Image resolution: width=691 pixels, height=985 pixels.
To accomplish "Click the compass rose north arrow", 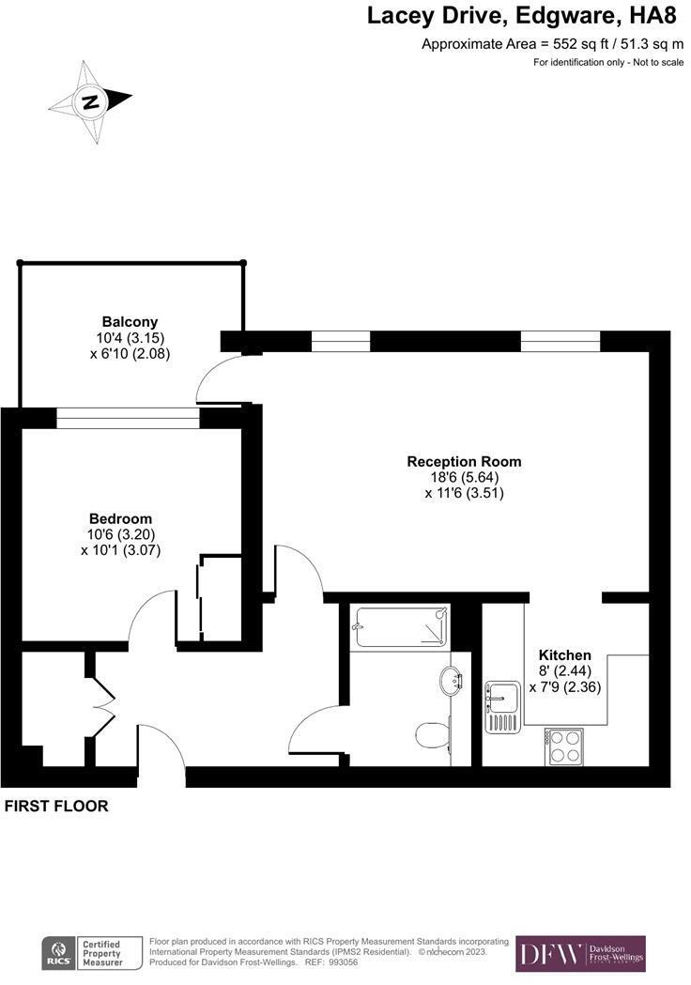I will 92,101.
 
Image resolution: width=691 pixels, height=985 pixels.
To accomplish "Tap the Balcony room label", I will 130,321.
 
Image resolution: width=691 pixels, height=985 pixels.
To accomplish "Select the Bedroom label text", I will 120,518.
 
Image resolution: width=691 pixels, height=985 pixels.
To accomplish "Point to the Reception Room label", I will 464,461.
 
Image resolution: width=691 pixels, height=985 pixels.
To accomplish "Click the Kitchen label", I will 564,654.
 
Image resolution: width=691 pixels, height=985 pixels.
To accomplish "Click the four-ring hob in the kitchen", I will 564,747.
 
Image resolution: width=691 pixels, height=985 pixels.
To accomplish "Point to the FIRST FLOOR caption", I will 56,806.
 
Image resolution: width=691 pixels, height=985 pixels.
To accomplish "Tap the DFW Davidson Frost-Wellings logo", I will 580,953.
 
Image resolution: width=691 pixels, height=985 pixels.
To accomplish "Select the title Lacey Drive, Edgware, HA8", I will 521,16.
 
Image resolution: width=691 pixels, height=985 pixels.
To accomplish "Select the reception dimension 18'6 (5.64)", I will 464,477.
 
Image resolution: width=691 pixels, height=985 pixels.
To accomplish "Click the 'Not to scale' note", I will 605,62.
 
